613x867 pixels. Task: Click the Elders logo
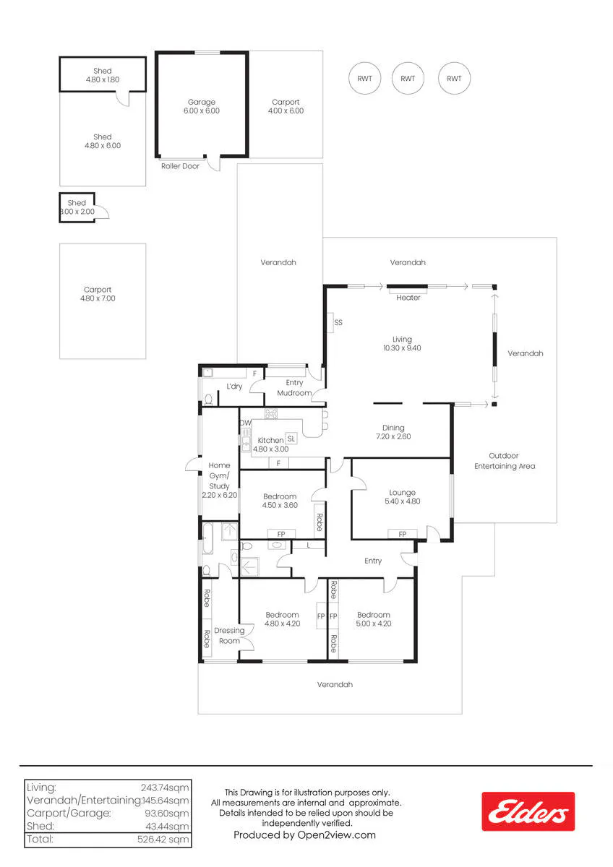[x=528, y=811]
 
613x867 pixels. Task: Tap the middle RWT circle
[x=408, y=78]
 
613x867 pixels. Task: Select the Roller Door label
[x=180, y=166]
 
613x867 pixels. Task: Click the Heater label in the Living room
[x=408, y=298]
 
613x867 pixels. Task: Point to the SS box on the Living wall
[x=330, y=322]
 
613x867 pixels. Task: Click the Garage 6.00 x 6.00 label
[x=202, y=106]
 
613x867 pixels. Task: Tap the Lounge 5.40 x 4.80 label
[x=403, y=497]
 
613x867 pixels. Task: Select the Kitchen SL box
[x=291, y=439]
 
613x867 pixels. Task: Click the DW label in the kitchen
[x=246, y=423]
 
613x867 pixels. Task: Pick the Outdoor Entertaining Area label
[x=505, y=461]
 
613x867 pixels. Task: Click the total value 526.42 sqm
[x=163, y=839]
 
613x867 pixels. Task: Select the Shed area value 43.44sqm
[x=167, y=826]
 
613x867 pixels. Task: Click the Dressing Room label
[x=229, y=636]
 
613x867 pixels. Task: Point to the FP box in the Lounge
[x=403, y=534]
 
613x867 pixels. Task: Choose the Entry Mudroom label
[x=294, y=387]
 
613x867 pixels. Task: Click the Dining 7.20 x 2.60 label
[x=393, y=432]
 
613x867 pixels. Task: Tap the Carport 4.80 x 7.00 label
[x=98, y=294]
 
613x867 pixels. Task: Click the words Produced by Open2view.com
[x=304, y=834]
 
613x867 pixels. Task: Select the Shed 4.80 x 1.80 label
[x=102, y=75]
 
